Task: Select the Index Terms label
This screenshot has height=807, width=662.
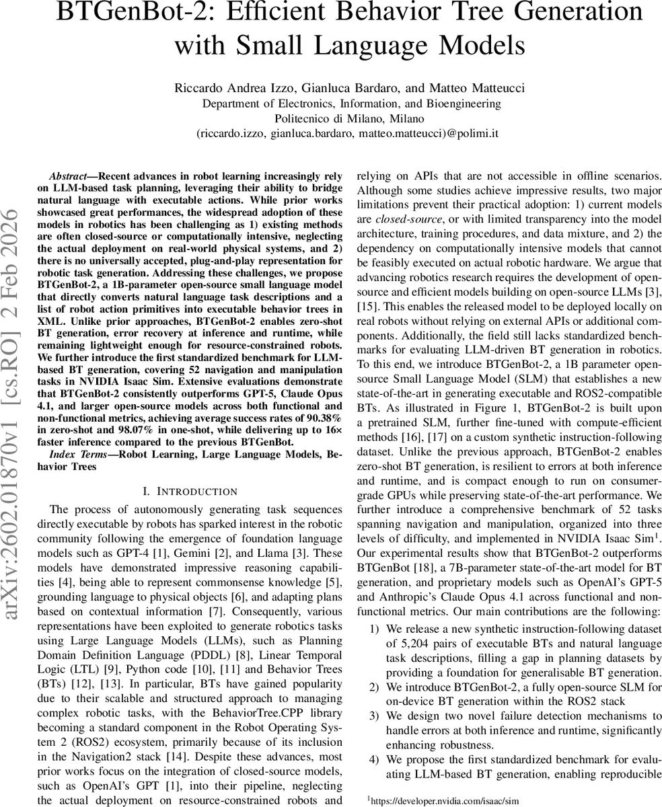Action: (76, 455)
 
